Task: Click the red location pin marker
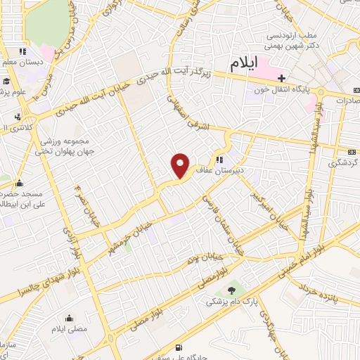click(181, 165)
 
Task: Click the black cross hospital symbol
click(281, 78)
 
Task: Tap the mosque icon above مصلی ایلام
click(68, 317)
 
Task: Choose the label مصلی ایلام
click(68, 328)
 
